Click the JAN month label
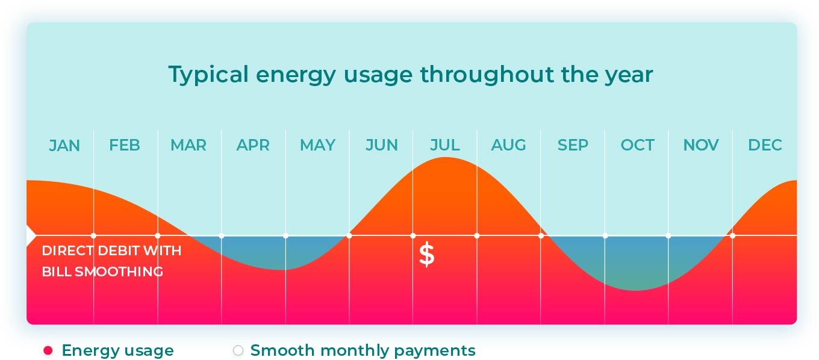64,146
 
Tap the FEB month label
125,145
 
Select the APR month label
253,145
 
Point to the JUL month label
444,145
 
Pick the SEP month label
573,145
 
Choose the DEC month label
765,145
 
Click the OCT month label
637,145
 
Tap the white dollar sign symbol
427,255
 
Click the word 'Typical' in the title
208,75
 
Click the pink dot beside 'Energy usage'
48,351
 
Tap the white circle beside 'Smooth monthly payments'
238,351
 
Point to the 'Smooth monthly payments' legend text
363,350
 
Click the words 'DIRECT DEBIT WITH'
111,250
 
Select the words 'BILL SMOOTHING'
102,272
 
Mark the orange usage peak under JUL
446,158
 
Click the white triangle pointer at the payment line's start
31,236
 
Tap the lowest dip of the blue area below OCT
637,290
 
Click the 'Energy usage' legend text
118,350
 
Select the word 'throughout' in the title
487,75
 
